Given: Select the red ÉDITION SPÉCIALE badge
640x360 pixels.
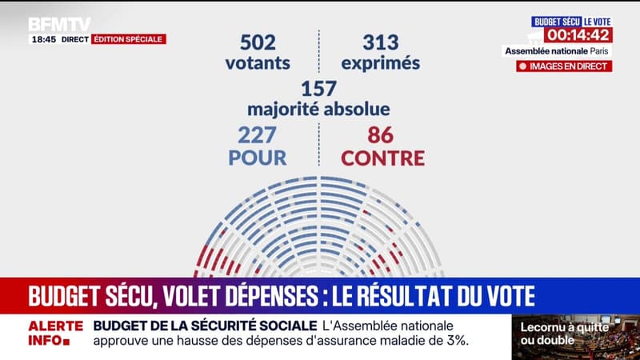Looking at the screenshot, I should coord(128,38).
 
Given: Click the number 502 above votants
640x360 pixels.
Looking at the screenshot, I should coord(257,41).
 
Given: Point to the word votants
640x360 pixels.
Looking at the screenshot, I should coord(257,62).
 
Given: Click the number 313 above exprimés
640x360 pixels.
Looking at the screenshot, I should coord(381,41).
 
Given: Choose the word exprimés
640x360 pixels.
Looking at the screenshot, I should coord(381,62).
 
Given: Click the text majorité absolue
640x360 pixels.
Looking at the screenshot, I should coord(318,108).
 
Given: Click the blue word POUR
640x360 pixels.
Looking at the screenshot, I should coord(257,157).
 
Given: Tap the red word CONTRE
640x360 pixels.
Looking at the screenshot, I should coord(382,157).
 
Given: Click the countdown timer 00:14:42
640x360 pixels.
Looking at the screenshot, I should coord(578,35).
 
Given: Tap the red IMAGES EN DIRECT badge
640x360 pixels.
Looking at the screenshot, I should coord(565,66).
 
